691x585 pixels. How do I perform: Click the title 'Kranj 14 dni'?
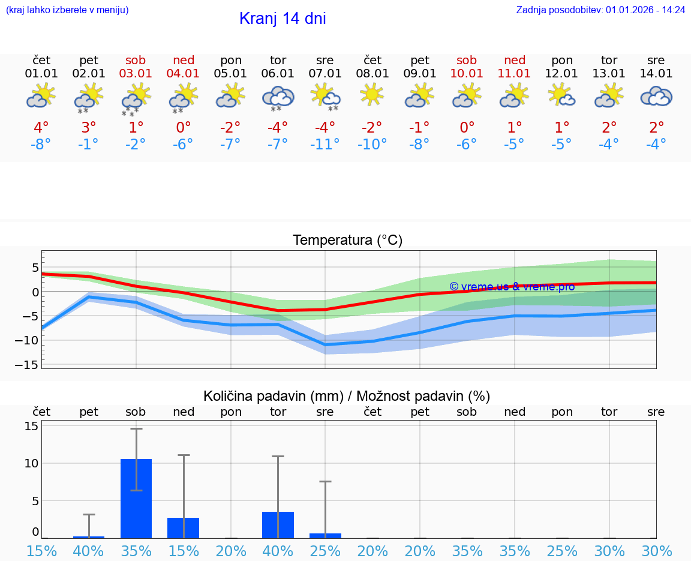[283, 19]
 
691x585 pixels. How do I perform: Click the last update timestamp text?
[600, 10]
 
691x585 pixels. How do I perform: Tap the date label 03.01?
[136, 74]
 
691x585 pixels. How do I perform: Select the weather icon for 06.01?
[278, 98]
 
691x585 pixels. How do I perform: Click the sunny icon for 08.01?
[372, 94]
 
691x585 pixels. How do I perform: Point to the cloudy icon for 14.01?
[656, 96]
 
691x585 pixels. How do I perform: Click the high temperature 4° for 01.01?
[41, 128]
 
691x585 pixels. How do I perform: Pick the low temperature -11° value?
[325, 145]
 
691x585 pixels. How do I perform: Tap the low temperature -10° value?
[372, 145]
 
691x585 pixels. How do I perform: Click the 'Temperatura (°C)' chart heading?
[347, 241]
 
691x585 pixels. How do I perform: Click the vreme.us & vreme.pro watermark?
[512, 287]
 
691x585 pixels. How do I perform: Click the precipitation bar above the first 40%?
[89, 537]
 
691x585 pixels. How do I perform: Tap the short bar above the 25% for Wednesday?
[325, 535]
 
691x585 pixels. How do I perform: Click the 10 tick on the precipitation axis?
[32, 463]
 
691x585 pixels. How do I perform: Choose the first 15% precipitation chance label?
[41, 551]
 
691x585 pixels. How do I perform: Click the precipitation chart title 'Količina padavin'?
[347, 396]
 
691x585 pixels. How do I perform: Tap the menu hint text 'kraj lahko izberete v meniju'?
[67, 10]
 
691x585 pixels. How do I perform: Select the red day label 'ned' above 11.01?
[515, 60]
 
